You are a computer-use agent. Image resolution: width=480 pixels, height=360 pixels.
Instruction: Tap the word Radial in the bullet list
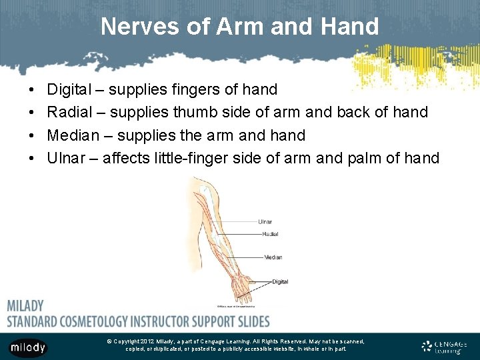[70, 112]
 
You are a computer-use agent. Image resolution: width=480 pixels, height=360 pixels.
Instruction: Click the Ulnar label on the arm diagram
[265, 221]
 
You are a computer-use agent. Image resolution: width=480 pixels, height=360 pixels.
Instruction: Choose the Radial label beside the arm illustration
[270, 234]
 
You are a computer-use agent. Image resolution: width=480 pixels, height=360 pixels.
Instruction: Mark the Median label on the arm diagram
[273, 257]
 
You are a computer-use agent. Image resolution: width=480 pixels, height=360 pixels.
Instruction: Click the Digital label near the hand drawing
[280, 282]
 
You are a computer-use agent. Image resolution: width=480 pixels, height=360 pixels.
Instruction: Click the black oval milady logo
[28, 347]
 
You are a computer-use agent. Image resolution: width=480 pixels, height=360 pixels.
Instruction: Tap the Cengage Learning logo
[445, 346]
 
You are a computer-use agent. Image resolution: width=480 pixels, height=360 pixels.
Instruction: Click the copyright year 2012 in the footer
[147, 341]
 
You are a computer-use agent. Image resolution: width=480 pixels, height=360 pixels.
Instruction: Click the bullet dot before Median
[33, 135]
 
